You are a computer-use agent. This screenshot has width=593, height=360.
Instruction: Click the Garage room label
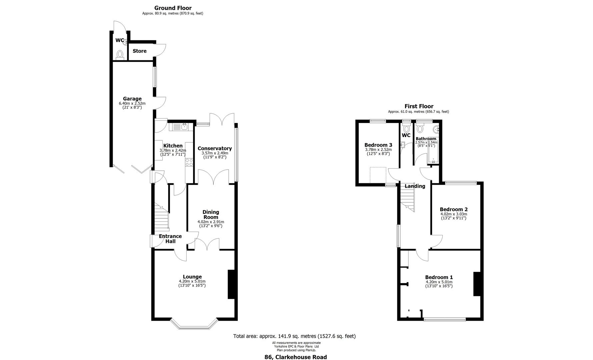tap(132, 99)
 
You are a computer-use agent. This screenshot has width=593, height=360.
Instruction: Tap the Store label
tap(140, 51)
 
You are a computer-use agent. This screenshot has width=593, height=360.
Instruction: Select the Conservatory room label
tap(215, 148)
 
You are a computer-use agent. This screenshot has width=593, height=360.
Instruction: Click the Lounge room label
tap(192, 277)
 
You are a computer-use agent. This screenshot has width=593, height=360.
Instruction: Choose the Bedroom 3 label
tap(378, 145)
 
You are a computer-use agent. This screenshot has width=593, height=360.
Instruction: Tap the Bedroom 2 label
tap(454, 209)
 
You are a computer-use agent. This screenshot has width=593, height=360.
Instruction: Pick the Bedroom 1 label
tap(439, 277)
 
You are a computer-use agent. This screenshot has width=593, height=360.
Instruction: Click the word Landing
tap(415, 186)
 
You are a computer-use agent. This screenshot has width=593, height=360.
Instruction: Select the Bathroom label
tap(426, 139)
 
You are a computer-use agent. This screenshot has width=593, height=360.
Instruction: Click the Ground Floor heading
tap(173, 8)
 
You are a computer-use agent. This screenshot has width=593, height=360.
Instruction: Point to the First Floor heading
tap(419, 106)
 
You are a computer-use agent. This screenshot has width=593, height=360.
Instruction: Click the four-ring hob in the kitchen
tap(189, 162)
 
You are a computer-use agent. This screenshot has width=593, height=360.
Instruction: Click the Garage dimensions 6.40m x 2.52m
tap(132, 103)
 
